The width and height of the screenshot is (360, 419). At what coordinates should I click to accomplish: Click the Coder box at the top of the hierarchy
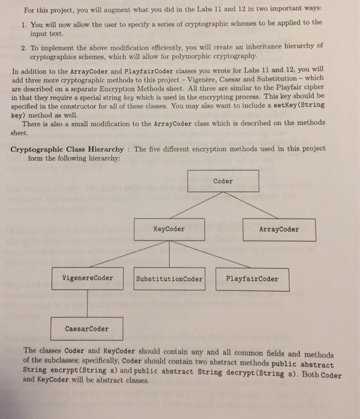point(223,181)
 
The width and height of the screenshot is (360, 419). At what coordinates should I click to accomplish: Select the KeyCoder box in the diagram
point(169,229)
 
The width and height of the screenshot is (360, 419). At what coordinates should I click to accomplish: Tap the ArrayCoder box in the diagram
point(279,229)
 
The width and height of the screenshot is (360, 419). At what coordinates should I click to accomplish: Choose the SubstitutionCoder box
point(169,279)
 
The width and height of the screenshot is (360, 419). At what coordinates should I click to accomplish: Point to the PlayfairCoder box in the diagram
point(252,279)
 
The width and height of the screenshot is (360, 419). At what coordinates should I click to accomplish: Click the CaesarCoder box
point(87,329)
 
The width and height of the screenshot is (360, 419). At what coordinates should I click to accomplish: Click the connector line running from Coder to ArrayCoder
point(252,205)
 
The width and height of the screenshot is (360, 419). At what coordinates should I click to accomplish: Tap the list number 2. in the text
point(23,47)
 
